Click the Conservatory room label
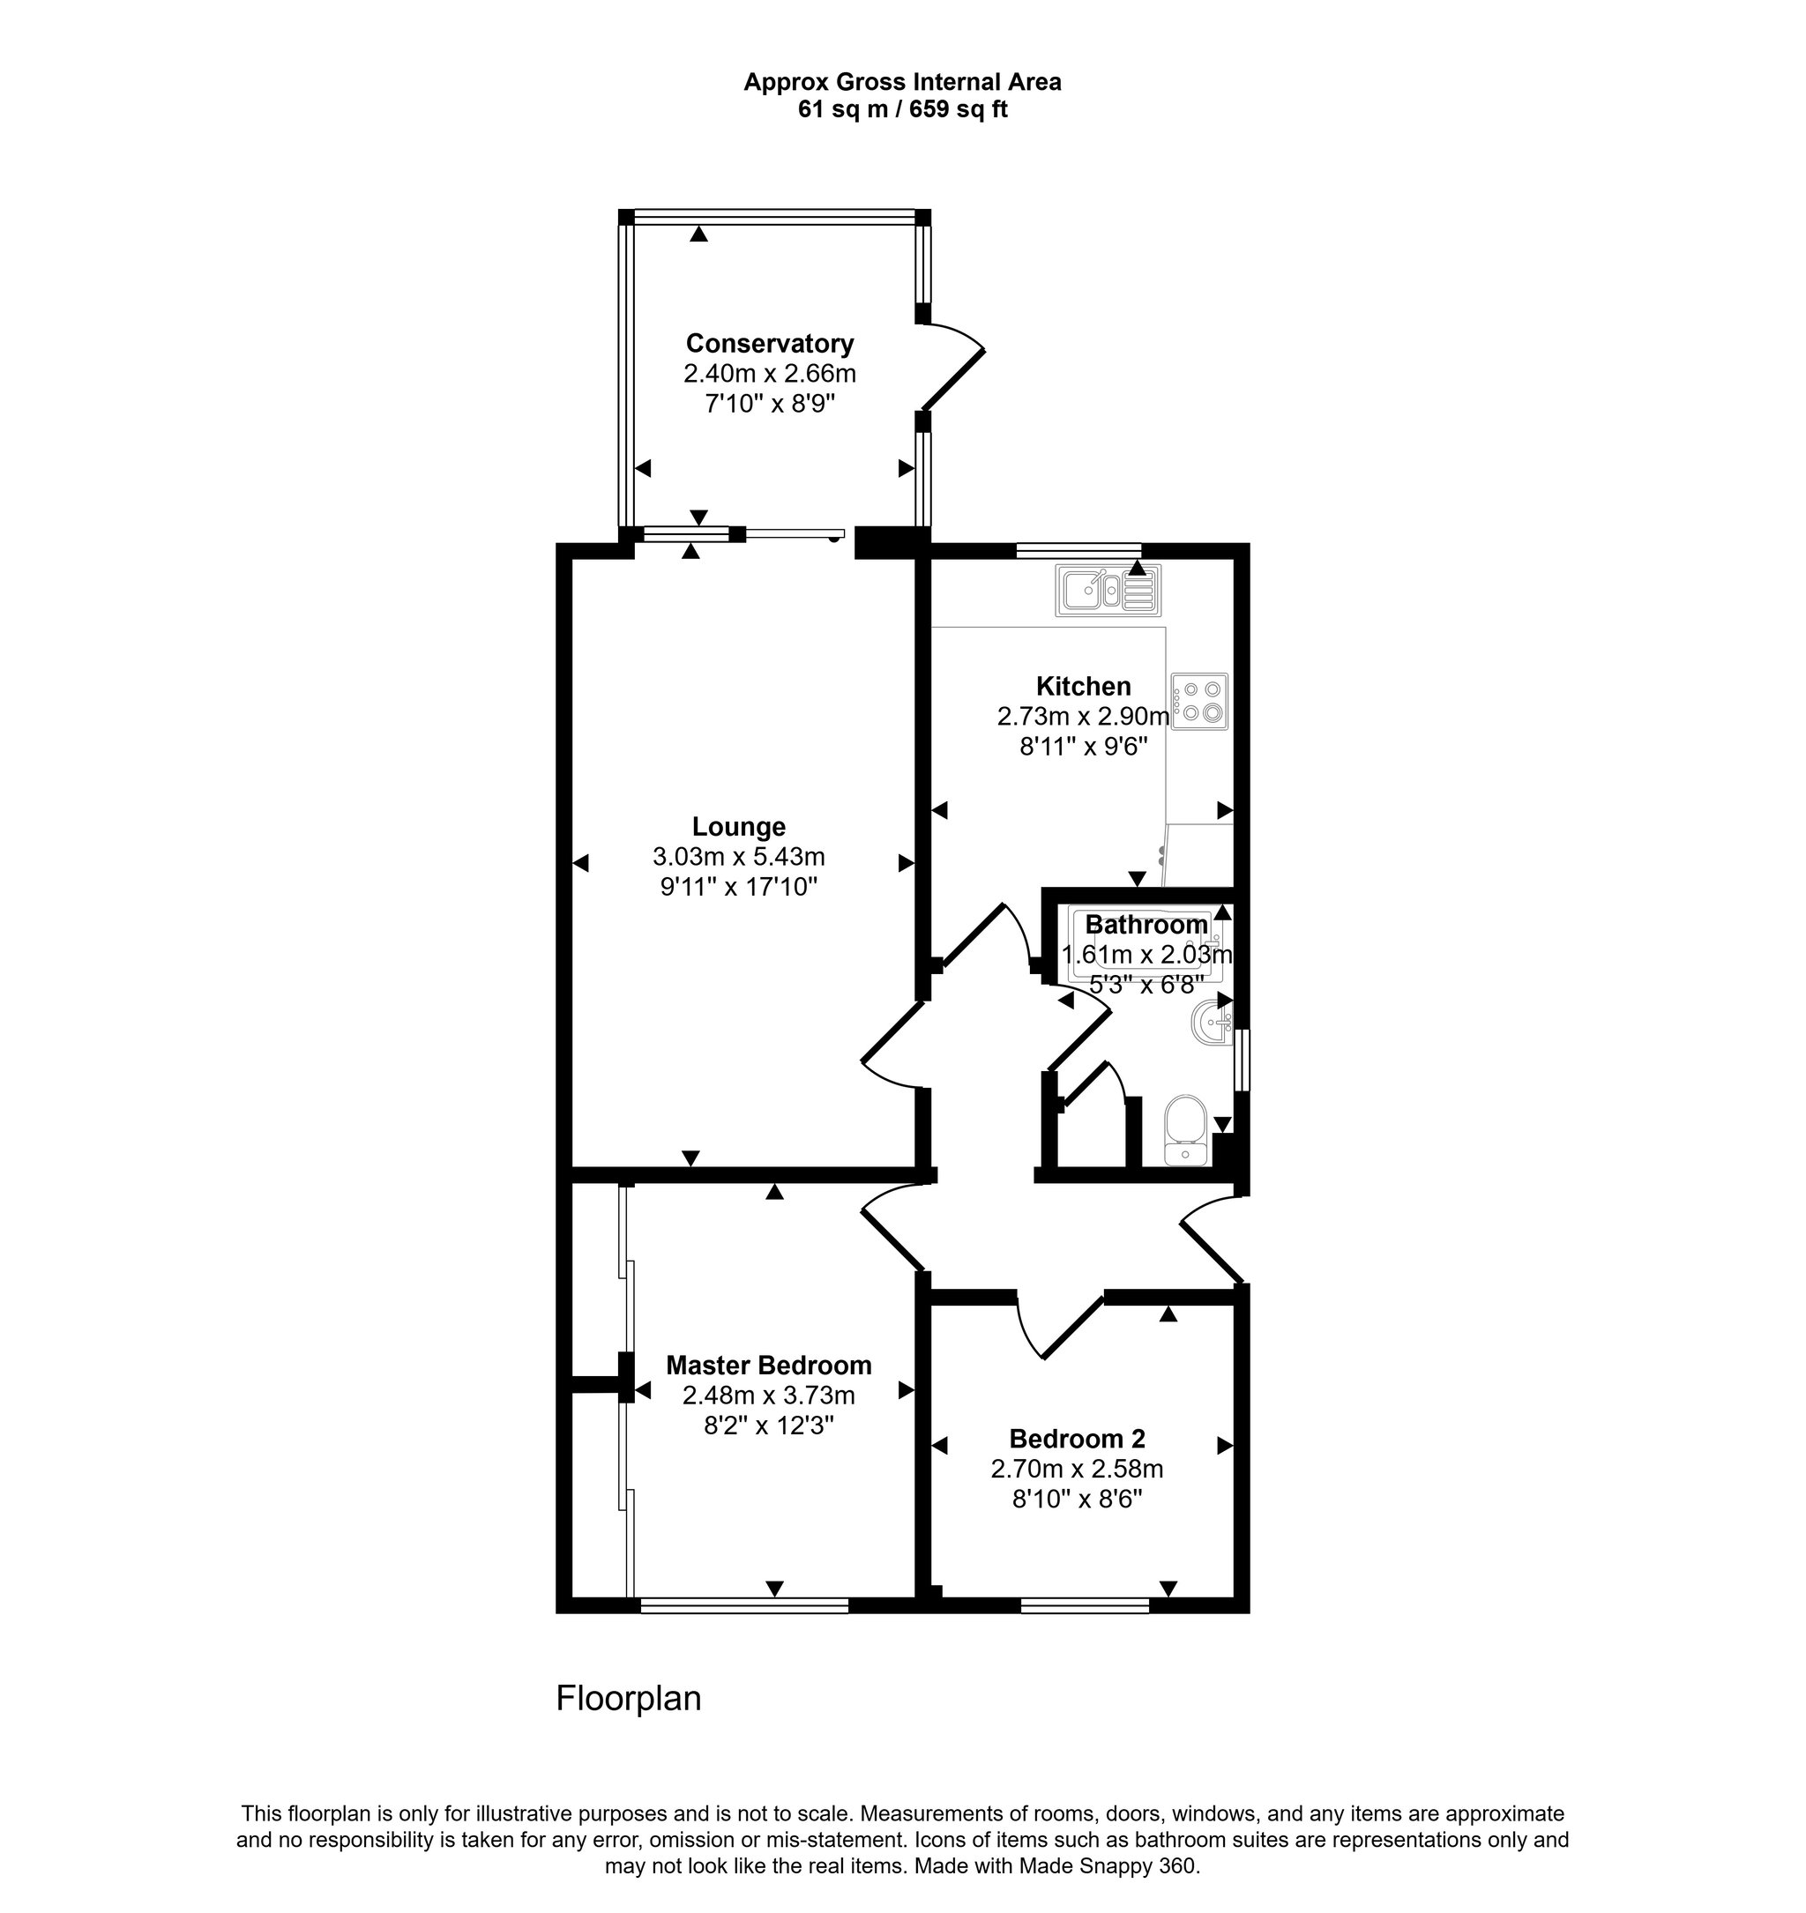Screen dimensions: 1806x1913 (769, 344)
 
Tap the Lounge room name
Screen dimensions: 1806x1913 (738, 827)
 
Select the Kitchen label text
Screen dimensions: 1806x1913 (1083, 686)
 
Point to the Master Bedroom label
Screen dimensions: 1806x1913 (768, 1366)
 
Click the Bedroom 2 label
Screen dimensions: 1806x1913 (1078, 1439)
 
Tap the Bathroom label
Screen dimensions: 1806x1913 (1146, 925)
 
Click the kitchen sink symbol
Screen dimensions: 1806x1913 (1109, 589)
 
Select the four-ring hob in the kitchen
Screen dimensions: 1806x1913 (1199, 701)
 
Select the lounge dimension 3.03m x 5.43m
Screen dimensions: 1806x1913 (738, 856)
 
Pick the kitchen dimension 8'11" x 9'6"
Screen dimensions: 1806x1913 (1083, 747)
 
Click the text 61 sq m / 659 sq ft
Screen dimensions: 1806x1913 (902, 109)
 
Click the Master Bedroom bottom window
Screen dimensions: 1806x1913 (744, 1605)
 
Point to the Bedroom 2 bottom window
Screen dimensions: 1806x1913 (1085, 1605)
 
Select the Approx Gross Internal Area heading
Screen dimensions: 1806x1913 (902, 83)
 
